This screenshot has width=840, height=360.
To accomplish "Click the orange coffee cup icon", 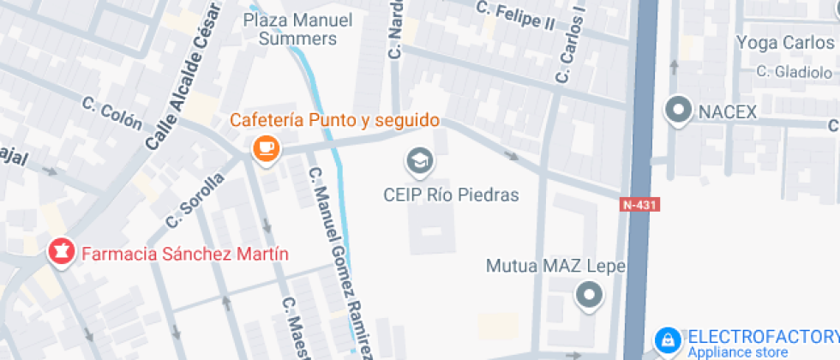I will (267, 149).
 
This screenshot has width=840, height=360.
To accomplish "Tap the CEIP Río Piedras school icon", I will (419, 159).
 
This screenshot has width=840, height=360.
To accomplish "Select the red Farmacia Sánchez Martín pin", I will (61, 253).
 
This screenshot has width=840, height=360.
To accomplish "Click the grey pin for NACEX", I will (680, 111).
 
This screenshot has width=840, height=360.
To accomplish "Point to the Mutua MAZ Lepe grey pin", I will (589, 296).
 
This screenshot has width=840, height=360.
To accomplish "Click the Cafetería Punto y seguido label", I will (334, 120).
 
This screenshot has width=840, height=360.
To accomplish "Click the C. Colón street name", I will (112, 114).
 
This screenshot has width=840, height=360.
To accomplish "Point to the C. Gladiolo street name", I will (795, 71).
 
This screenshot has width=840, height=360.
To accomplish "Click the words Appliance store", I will (738, 352).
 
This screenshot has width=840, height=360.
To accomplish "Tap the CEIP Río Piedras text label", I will (451, 195).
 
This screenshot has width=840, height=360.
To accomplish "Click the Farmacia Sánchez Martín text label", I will (184, 254).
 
